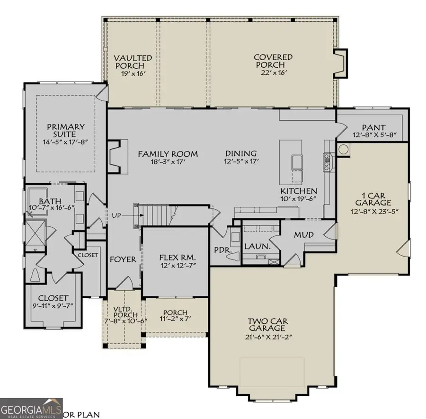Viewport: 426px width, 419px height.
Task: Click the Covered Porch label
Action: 273,61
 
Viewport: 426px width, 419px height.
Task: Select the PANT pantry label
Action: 374,127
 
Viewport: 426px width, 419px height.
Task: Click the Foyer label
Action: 123,259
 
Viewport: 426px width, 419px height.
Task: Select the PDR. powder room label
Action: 222,249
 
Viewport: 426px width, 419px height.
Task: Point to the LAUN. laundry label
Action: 257,246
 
